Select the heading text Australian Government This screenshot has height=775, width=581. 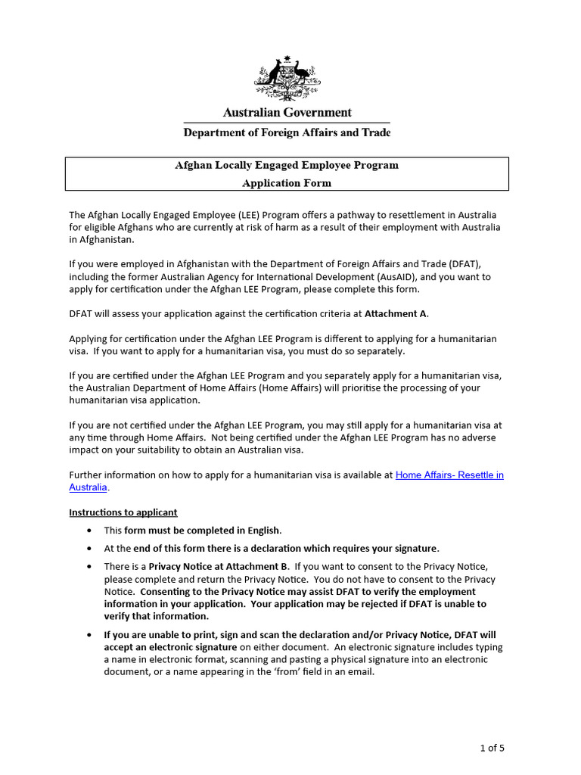point(287,113)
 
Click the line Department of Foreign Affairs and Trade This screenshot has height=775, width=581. point(287,133)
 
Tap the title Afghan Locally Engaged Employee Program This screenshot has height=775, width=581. point(287,165)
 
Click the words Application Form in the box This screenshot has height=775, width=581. point(287,183)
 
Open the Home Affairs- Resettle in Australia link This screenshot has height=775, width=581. point(449,475)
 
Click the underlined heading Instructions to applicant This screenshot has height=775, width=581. point(123,512)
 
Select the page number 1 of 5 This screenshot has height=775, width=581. point(492,749)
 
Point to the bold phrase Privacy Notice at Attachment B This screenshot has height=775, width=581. point(219,567)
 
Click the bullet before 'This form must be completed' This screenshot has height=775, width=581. point(91,531)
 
